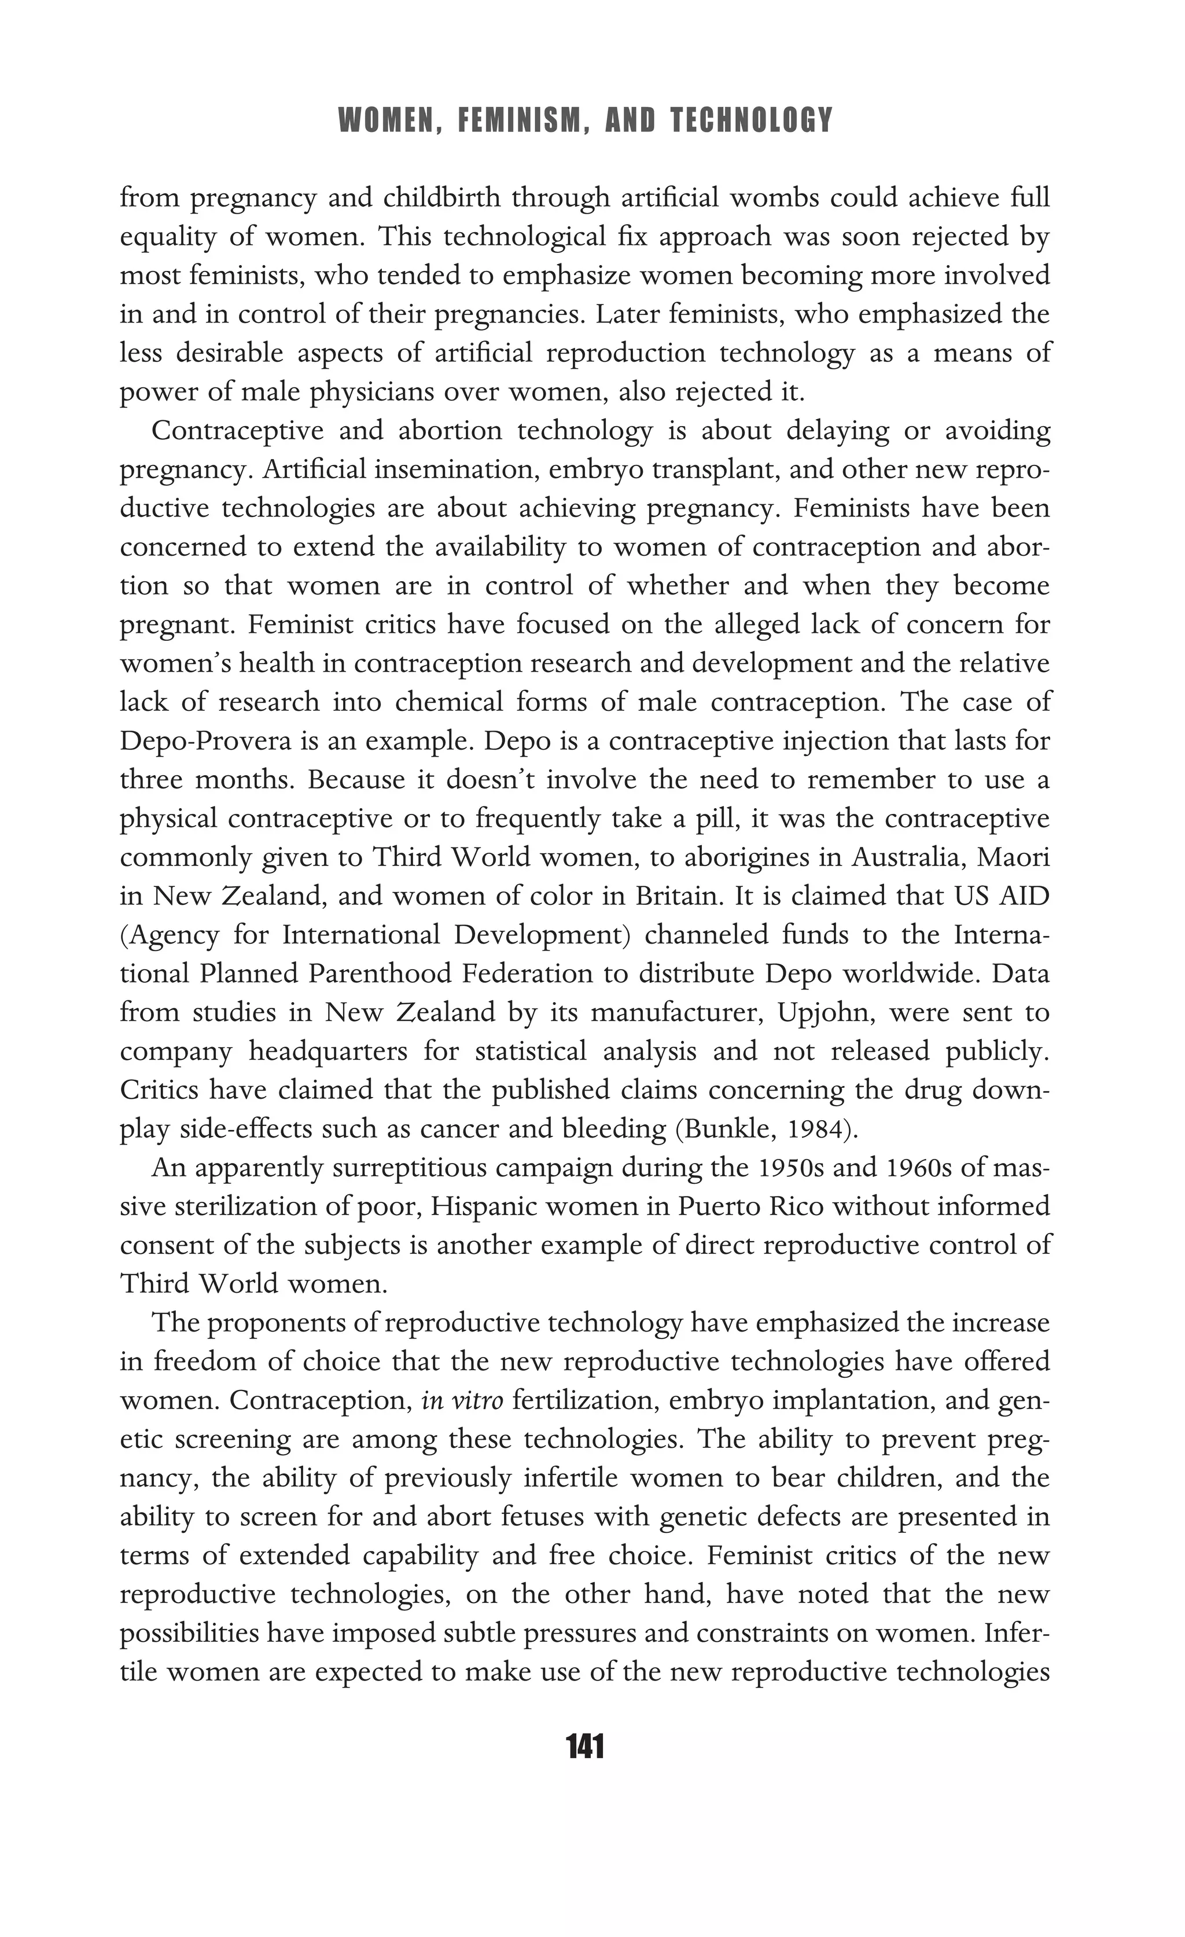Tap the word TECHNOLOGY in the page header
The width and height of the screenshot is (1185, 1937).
tap(751, 121)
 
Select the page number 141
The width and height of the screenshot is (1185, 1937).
tap(584, 1747)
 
